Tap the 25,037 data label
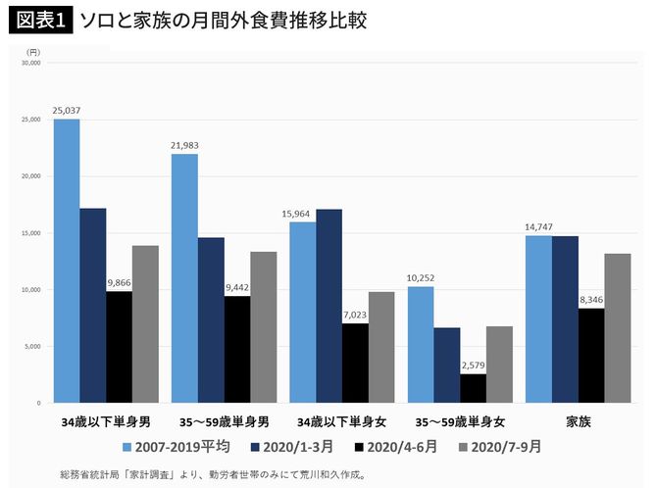(67, 109)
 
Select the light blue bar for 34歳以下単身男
(67, 261)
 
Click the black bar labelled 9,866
(119, 347)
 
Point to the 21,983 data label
(184, 144)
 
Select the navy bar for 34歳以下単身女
(328, 306)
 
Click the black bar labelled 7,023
(355, 363)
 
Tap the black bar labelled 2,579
(473, 388)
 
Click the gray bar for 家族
(617, 328)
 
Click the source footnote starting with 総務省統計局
(212, 474)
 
